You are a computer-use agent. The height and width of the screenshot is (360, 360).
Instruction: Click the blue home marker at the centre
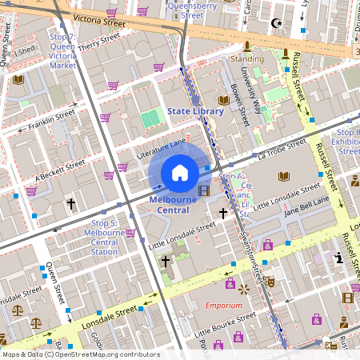[x=180, y=172]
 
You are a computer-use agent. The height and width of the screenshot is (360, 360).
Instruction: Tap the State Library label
[x=195, y=111]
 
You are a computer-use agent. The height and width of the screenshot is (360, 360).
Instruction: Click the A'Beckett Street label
[x=60, y=170]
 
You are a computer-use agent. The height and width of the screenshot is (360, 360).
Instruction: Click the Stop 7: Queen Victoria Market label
[x=62, y=53]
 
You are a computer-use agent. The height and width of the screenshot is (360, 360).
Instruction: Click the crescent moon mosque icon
[x=277, y=24]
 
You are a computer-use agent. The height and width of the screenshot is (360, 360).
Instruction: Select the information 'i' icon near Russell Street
[x=339, y=258]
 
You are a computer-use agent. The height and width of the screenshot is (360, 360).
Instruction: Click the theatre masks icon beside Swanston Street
[x=270, y=282]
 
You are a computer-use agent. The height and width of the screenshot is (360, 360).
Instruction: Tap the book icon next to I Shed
[x=18, y=79]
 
